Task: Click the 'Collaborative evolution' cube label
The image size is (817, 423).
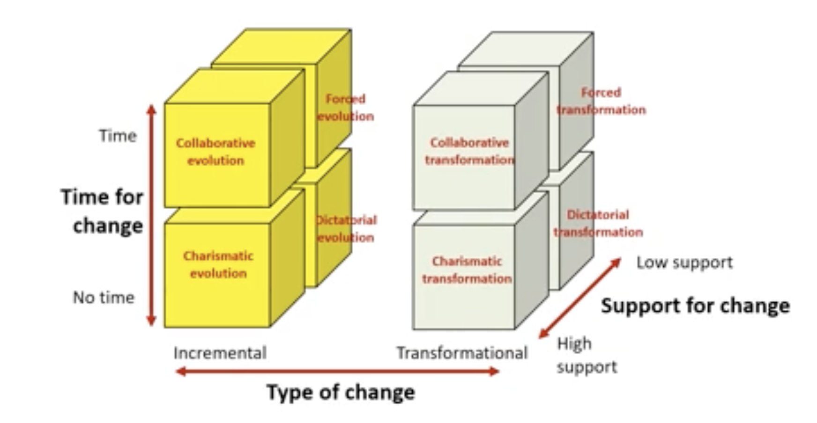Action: point(215,152)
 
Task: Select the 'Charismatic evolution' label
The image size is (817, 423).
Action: point(218,264)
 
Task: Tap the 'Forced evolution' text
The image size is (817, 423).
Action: point(345,108)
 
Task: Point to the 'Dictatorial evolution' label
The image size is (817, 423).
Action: point(346,229)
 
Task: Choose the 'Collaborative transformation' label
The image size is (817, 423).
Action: point(469,151)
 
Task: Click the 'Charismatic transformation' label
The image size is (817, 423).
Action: point(467,270)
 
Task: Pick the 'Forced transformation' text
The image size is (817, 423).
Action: point(601,101)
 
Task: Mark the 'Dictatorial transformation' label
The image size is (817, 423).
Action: point(598,223)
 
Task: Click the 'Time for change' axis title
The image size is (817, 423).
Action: point(102,211)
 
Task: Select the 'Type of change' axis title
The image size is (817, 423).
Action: point(341,392)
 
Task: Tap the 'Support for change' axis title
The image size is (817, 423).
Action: point(696,306)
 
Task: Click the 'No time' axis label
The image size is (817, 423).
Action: point(104,298)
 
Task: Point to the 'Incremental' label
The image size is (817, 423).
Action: point(220,353)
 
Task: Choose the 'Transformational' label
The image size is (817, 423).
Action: point(462,353)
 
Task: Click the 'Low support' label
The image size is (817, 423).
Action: point(684,263)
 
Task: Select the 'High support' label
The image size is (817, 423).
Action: point(587,356)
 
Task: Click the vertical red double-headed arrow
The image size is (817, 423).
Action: point(151,215)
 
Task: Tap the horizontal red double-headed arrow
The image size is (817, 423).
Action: point(337,372)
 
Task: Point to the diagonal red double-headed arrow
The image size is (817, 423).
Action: point(580,298)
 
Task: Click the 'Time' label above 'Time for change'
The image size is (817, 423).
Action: point(118,136)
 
